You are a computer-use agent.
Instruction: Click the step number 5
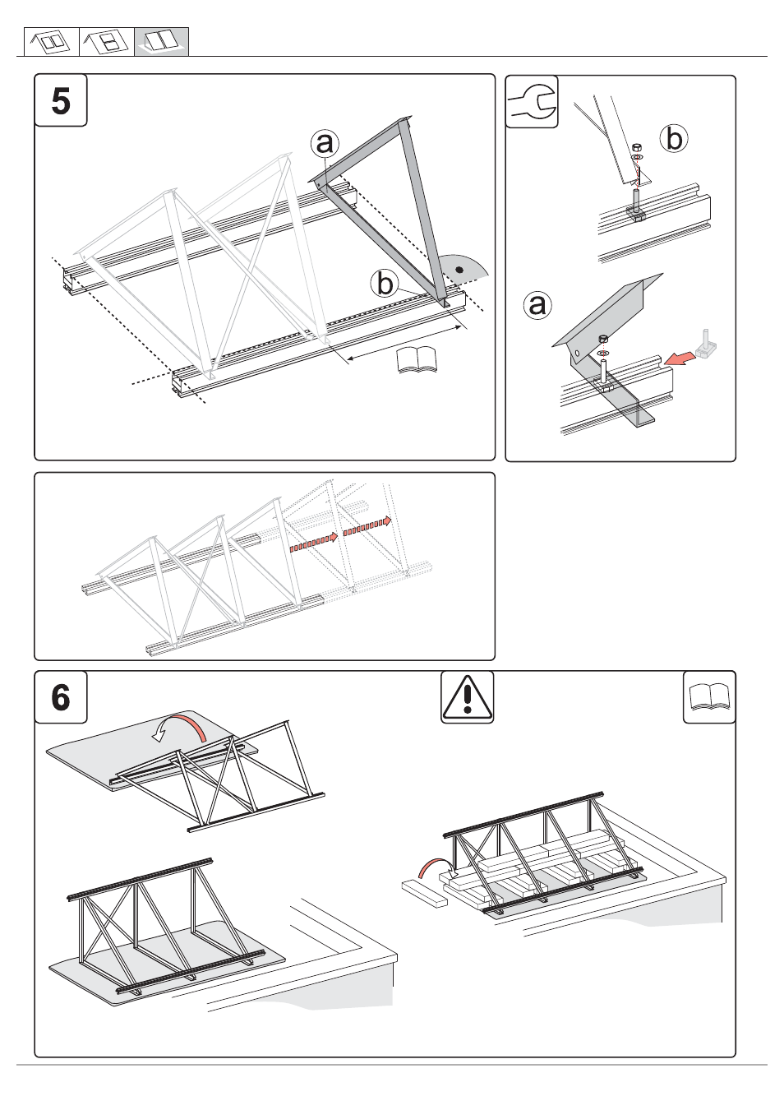click(61, 101)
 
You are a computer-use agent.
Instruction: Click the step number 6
click(61, 697)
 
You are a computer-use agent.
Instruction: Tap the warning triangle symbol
click(467, 697)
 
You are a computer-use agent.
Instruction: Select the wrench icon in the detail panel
click(532, 103)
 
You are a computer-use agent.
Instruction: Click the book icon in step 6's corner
click(709, 697)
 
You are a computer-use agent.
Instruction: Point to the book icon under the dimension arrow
click(417, 360)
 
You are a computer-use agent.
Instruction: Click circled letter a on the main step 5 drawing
click(325, 143)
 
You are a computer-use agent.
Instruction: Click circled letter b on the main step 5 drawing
click(385, 284)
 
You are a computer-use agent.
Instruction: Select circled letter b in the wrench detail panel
click(674, 138)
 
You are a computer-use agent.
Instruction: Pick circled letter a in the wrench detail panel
click(537, 305)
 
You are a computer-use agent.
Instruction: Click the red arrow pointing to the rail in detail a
click(678, 358)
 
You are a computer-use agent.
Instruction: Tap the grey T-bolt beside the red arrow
click(707, 345)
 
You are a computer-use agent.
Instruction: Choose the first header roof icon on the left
click(51, 42)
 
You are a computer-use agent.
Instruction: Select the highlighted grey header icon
click(161, 42)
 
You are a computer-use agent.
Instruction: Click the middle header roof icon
click(106, 42)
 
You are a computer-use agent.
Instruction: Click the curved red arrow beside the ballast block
click(433, 867)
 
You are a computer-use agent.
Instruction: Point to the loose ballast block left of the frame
click(424, 893)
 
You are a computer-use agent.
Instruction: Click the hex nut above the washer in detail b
click(636, 147)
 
